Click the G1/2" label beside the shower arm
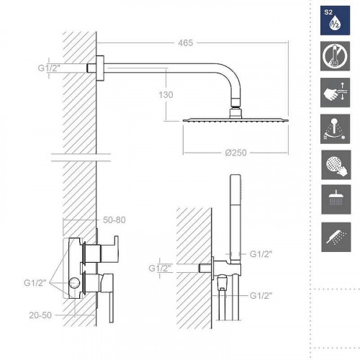(x=50, y=69)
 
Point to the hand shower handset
(x=233, y=216)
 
